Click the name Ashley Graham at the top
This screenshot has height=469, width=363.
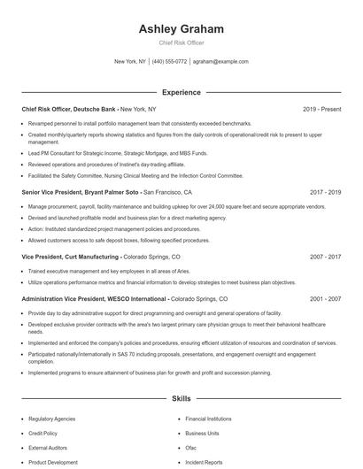[x=181, y=29]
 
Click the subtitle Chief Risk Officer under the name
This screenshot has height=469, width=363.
[x=181, y=42]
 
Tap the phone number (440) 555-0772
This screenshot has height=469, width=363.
[x=169, y=62]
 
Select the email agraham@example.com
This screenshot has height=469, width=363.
[x=220, y=62]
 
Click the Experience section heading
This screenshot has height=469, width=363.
[x=181, y=91]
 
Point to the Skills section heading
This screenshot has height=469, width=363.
[x=181, y=399]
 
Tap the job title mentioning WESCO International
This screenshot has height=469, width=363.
[x=81, y=299]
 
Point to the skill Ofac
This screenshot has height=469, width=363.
[x=190, y=447]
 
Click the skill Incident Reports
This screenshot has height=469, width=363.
[x=204, y=462]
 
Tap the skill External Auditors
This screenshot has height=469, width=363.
[x=48, y=447]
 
